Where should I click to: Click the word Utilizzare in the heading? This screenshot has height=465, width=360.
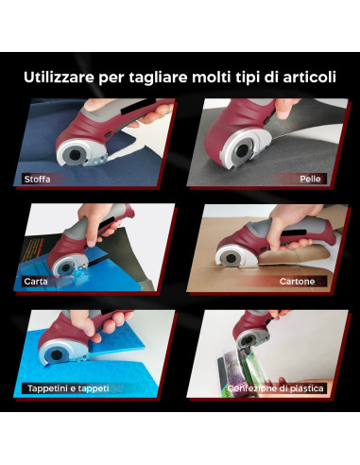tap(59, 77)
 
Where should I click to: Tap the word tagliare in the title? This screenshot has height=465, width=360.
tap(158, 78)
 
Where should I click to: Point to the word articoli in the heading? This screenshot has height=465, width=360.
tap(309, 77)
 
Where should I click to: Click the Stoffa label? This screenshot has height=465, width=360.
tap(37, 180)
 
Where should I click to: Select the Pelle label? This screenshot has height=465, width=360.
tap(310, 179)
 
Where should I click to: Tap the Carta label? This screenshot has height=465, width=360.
tap(36, 281)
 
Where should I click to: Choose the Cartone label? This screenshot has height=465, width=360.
tap(297, 281)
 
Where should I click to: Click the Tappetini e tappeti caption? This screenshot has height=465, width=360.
tap(68, 388)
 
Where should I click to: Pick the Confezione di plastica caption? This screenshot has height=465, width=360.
tap(276, 388)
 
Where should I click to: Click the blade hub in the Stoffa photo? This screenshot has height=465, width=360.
tap(75, 155)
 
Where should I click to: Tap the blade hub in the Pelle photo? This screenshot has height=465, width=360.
tap(242, 151)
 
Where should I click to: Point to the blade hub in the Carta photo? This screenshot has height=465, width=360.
tap(65, 267)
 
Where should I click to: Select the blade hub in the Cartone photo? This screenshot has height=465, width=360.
tap(231, 258)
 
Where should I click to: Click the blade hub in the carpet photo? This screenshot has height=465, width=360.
tap(56, 355)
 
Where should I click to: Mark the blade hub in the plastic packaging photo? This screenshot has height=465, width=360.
tap(249, 339)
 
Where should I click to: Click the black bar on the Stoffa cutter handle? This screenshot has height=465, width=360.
tap(138, 108)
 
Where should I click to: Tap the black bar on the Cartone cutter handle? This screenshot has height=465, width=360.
tap(293, 233)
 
